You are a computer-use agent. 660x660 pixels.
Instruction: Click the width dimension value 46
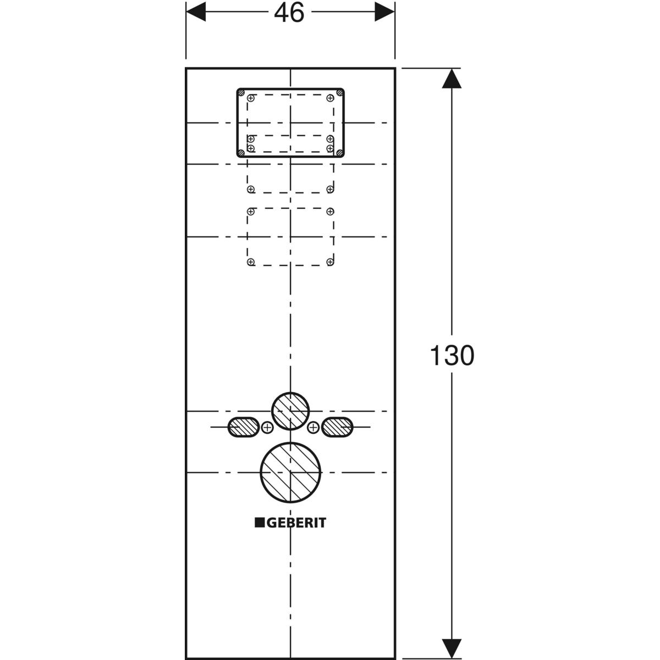[289, 13]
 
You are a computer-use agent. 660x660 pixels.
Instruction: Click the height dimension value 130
[452, 356]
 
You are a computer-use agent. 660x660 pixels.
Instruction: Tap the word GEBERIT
[296, 522]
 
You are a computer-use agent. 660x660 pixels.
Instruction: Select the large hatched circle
[290, 472]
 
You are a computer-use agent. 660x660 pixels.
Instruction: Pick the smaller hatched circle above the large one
[290, 411]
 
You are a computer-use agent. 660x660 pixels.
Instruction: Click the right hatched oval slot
[338, 427]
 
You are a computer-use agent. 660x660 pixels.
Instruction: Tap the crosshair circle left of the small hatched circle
[267, 427]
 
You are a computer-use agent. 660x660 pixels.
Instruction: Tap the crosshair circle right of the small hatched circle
[313, 427]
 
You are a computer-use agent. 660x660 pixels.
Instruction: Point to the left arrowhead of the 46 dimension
[196, 12]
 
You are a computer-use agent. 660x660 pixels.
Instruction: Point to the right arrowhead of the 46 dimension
[385, 12]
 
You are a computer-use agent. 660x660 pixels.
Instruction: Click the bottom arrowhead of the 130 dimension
[452, 647]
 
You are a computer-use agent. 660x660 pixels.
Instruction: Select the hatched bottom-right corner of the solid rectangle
[340, 152]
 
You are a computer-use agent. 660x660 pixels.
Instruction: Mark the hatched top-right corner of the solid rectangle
[340, 92]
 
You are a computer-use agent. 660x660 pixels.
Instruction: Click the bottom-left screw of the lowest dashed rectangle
[251, 262]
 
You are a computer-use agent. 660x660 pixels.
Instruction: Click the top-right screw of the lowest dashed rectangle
[330, 211]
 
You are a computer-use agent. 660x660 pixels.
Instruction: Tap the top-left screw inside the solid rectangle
[251, 98]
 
